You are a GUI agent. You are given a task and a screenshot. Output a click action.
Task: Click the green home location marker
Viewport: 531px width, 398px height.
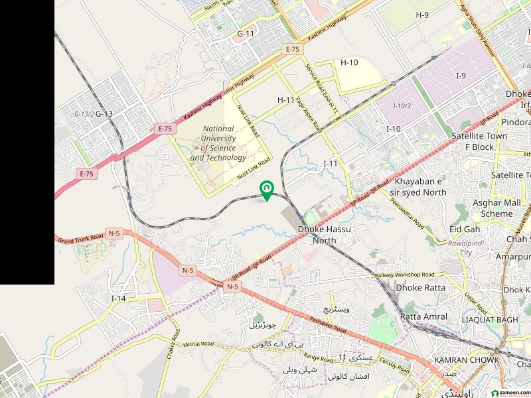coord(266,190)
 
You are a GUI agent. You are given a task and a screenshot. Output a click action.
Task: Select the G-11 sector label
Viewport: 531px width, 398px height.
coord(246,33)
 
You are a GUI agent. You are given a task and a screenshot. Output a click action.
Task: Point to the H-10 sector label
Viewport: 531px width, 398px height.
coord(349,62)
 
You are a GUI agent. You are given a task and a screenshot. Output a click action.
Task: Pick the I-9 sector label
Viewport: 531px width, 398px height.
coord(461,76)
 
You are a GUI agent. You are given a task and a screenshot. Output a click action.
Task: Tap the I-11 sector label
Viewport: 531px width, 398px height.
coord(331,163)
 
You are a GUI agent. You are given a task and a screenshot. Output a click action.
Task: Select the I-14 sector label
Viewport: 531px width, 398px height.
coord(119,298)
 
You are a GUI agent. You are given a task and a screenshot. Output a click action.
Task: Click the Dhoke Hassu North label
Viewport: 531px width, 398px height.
coord(325,234)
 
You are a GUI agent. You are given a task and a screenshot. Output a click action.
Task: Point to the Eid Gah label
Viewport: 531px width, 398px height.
coord(465,229)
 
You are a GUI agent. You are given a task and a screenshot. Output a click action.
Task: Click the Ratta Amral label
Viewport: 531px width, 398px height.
coord(423,316)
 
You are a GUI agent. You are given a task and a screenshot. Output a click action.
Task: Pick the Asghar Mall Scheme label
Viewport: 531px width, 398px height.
coord(493,208)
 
